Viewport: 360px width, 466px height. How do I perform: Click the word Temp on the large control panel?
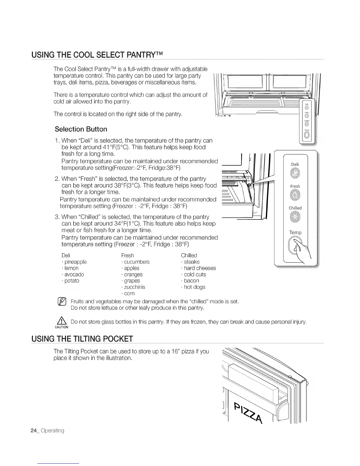coord(295,232)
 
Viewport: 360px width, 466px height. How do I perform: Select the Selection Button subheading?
coord(81,129)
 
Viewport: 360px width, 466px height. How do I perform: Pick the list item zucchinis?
coord(134,287)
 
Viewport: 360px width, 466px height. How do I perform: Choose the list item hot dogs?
coord(194,287)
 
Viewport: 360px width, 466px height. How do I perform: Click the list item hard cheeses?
coord(200,268)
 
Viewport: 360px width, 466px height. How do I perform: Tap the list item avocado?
coord(74,274)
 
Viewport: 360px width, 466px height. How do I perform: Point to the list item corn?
coord(129,293)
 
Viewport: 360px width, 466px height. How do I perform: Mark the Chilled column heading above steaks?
coord(189,255)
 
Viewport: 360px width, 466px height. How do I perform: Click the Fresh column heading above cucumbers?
coord(127,255)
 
